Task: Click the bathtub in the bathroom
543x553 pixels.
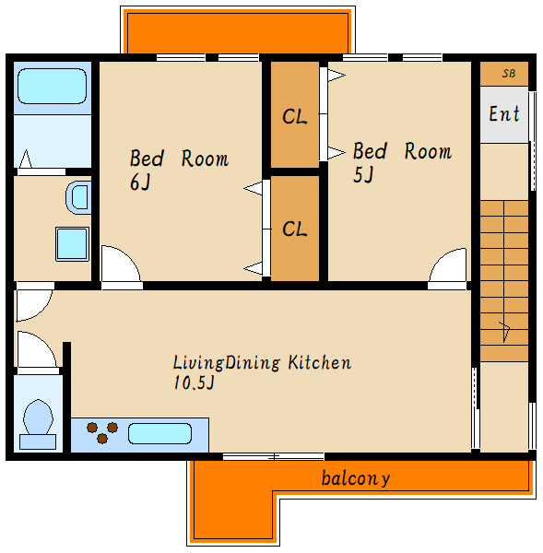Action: point(52,86)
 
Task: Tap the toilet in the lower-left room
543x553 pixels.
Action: point(38,424)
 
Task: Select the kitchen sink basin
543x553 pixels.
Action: point(159,433)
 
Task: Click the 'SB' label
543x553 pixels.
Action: point(508,74)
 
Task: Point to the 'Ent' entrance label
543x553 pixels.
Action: point(504,114)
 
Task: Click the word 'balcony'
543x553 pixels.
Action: point(356,478)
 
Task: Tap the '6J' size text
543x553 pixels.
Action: point(140,182)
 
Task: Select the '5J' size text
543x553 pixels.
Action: point(363,174)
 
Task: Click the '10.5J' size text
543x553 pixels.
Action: point(194,382)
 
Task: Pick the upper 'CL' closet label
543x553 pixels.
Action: point(295,116)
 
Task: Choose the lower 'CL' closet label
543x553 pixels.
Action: point(295,229)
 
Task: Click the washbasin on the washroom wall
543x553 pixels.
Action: point(78,197)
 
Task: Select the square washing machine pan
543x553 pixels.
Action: point(72,244)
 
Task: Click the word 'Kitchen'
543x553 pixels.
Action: point(320,362)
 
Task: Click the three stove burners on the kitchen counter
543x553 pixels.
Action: point(102,433)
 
